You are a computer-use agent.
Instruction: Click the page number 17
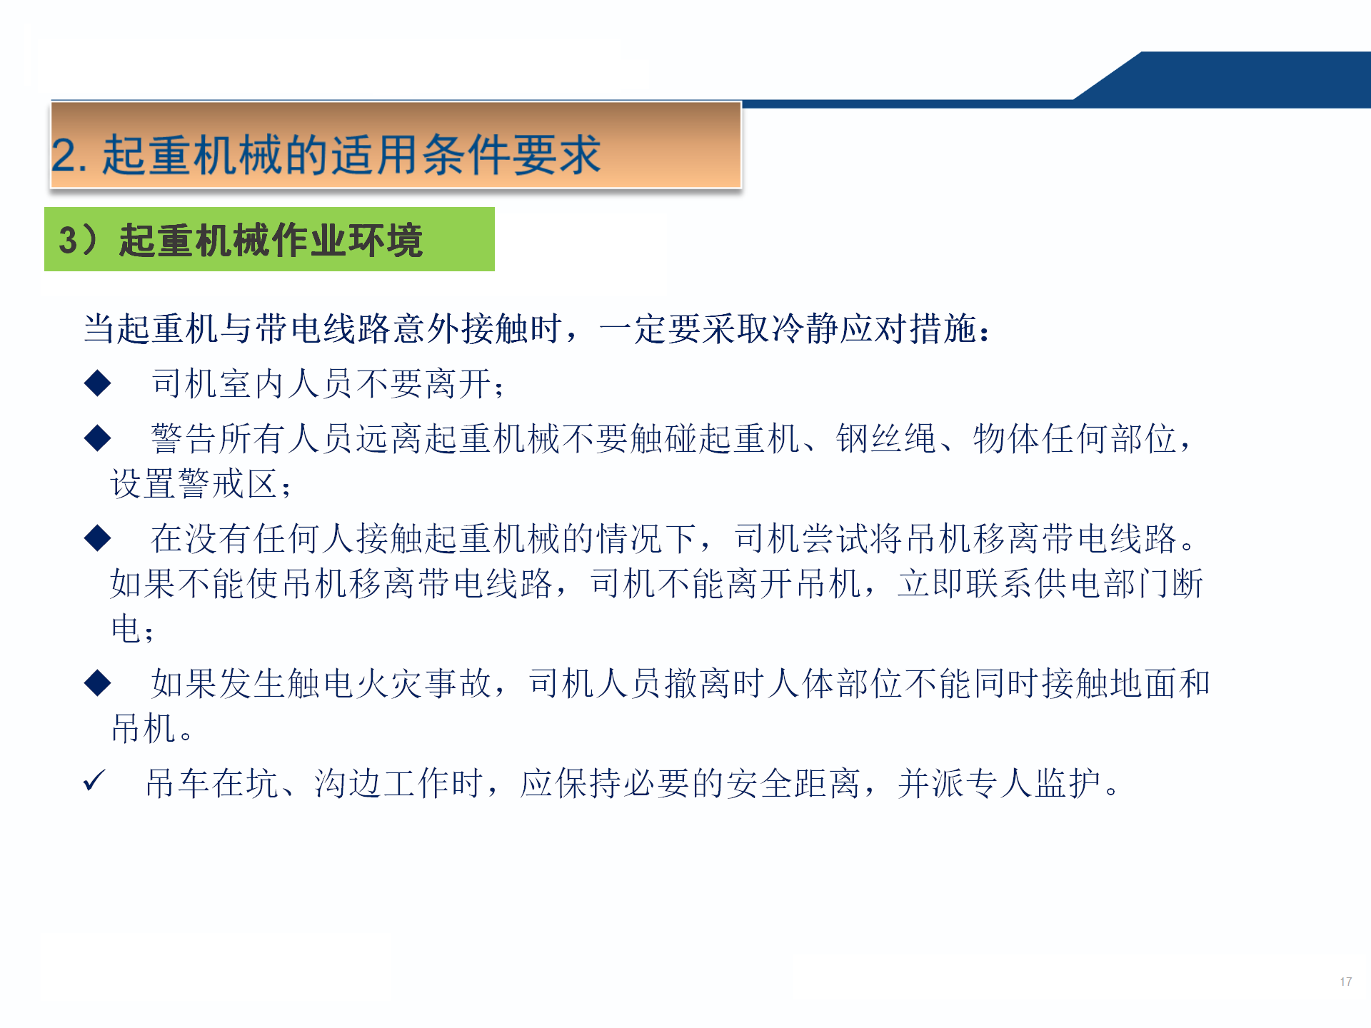[1346, 982]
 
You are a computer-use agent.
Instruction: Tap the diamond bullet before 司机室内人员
[97, 383]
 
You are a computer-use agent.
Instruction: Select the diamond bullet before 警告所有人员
[97, 438]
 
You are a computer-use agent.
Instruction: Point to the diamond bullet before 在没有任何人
[97, 538]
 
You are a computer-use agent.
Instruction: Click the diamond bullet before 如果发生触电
[97, 682]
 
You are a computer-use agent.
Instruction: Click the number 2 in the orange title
[64, 155]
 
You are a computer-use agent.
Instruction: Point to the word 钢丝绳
[886, 438]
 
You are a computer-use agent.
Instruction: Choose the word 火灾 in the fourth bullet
[390, 683]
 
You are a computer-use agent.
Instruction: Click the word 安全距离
[793, 783]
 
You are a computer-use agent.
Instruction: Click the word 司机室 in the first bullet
[201, 383]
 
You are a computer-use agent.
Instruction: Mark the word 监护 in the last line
[1069, 783]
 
